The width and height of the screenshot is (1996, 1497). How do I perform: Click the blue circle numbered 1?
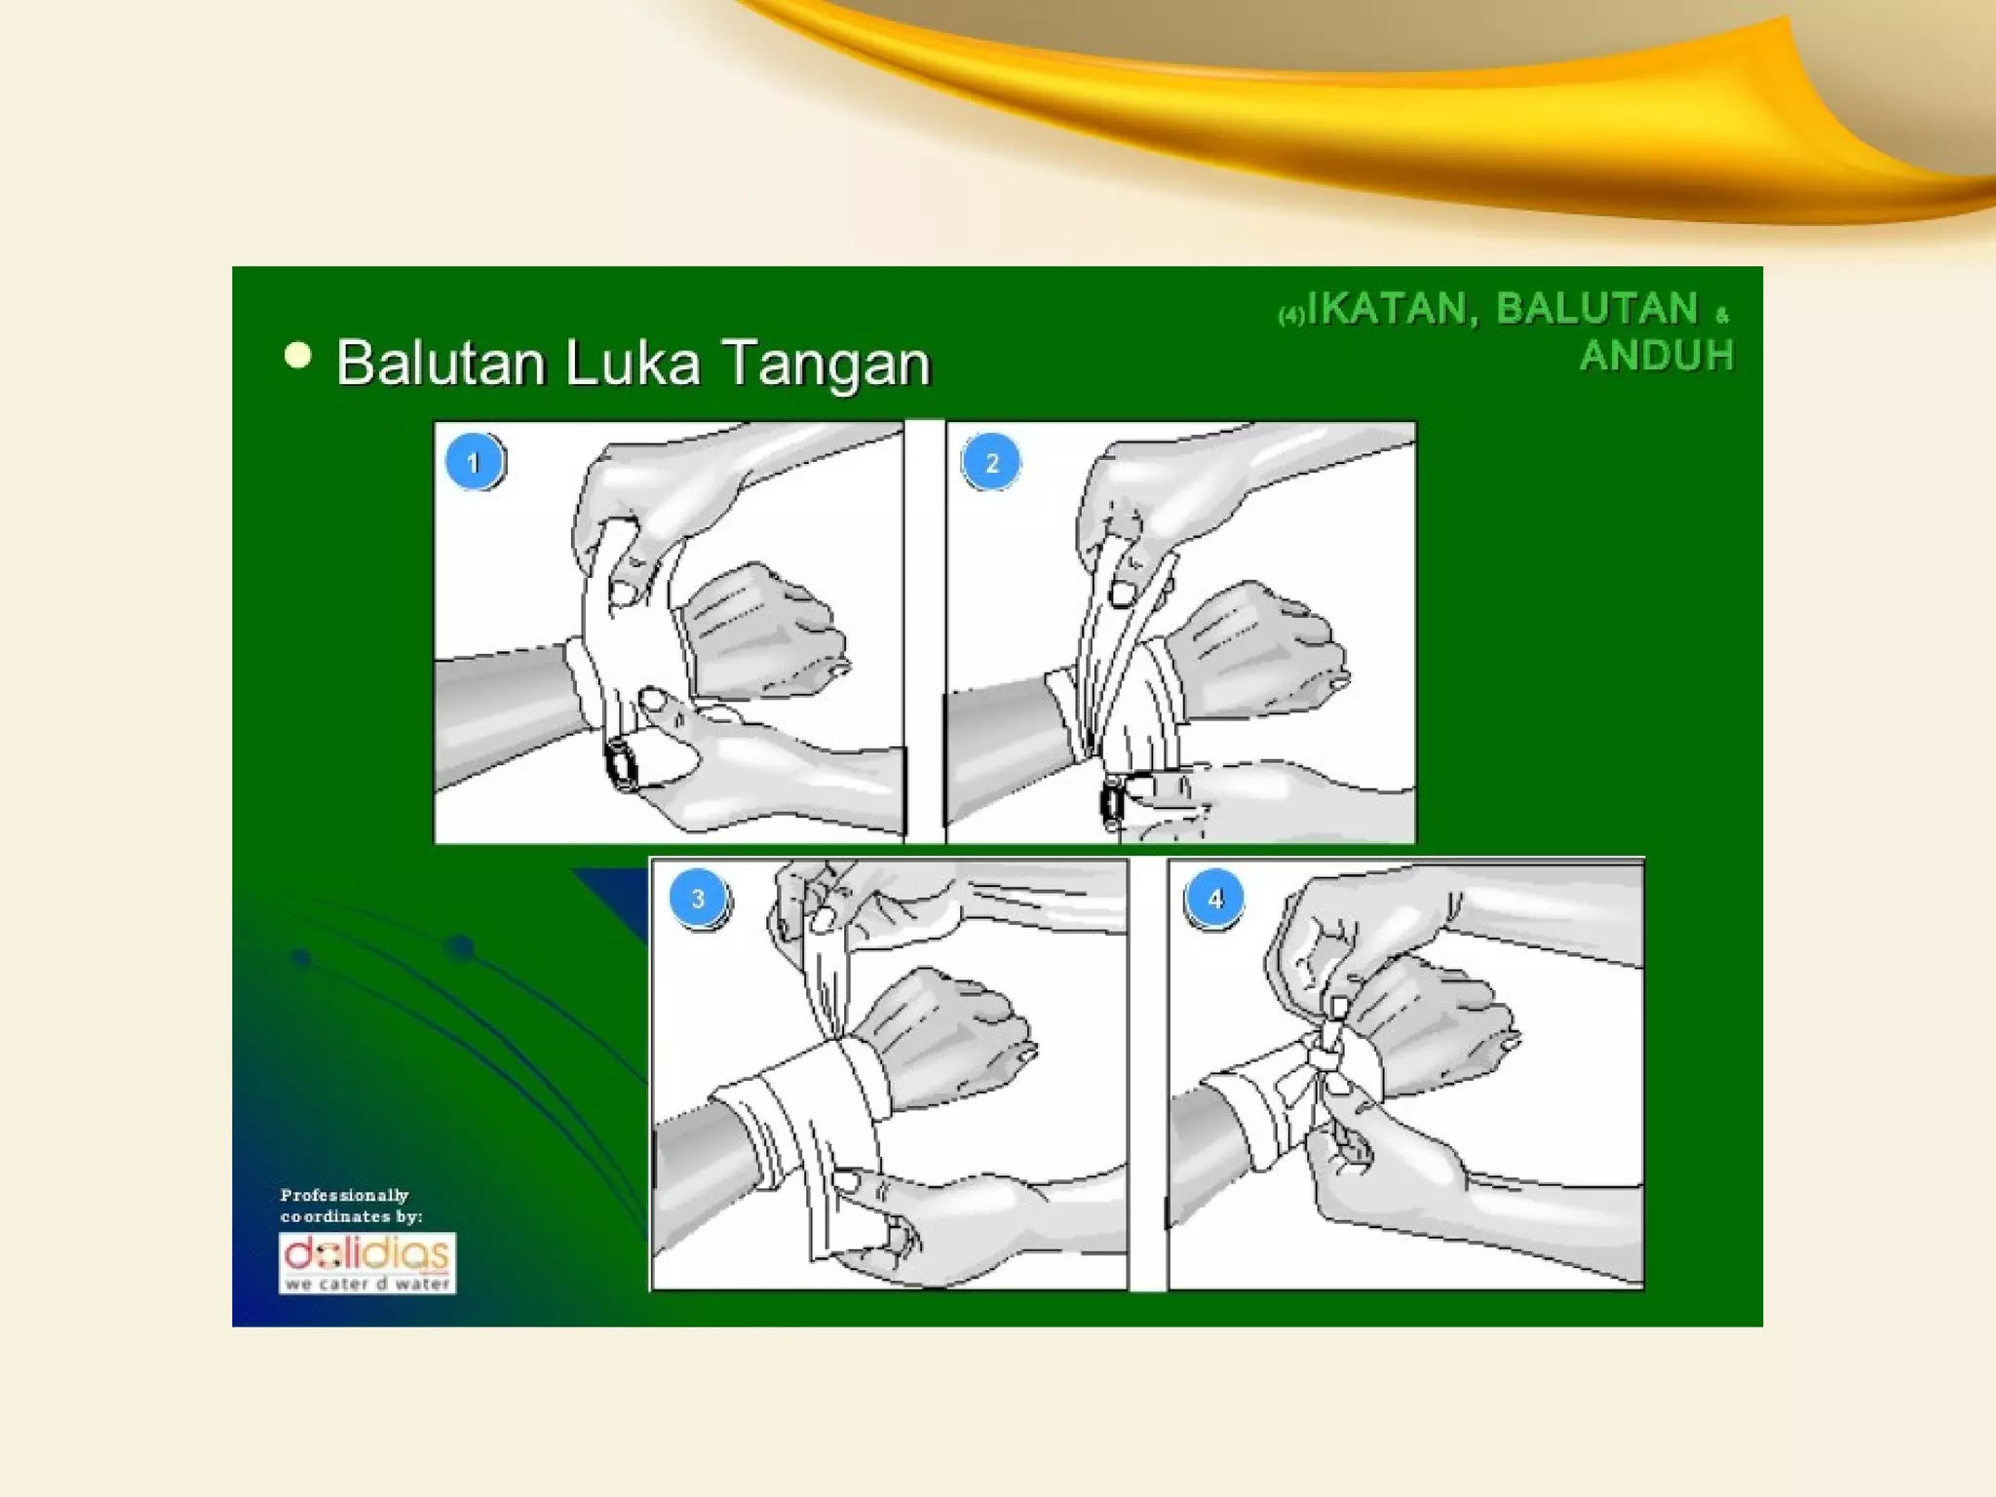474,462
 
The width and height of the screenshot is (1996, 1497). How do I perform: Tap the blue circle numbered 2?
991,462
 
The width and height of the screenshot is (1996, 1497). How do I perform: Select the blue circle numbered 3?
698,898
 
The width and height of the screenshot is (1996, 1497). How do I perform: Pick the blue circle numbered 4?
1214,898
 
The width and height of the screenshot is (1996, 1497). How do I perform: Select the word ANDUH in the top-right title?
1656,355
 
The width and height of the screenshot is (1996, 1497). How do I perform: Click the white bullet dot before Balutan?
297,356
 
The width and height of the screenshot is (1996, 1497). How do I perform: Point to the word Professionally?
344,1195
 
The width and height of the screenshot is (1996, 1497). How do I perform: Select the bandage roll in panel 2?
1111,802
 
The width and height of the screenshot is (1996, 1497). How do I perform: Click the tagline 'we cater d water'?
367,1284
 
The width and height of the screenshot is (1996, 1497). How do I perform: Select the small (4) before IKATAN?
1291,315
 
